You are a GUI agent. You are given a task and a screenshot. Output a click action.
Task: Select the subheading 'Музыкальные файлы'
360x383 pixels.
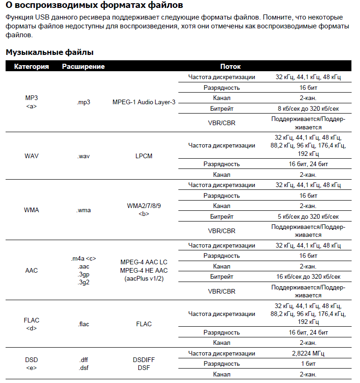click(50, 52)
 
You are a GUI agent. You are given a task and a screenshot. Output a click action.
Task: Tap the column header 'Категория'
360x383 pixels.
click(32, 67)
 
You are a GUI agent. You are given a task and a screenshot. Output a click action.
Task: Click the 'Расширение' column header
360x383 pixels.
click(83, 67)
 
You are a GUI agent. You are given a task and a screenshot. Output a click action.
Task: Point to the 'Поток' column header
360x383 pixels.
click(231, 67)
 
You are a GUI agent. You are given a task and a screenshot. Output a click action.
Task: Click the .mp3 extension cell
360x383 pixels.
click(83, 102)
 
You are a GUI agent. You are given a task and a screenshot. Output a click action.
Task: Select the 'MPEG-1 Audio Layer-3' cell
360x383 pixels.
click(144, 102)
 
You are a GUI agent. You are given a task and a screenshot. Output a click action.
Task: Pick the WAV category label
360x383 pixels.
click(32, 156)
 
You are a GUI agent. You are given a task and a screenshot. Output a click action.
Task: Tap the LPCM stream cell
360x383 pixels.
click(144, 156)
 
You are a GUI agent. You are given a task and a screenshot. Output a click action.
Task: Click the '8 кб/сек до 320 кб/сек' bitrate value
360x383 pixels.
click(308, 108)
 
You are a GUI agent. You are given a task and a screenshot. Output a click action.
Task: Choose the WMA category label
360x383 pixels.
click(32, 210)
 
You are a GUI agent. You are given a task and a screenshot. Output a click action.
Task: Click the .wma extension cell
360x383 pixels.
click(83, 210)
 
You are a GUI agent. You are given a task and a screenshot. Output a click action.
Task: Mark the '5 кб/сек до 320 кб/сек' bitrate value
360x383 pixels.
click(308, 216)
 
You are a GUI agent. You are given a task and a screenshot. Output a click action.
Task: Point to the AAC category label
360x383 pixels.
click(32, 270)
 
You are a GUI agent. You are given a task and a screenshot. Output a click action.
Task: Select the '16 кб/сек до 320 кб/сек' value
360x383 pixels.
click(308, 277)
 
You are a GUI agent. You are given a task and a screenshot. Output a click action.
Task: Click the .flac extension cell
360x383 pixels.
click(83, 324)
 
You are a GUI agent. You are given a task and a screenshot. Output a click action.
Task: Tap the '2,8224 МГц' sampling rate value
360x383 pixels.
click(308, 354)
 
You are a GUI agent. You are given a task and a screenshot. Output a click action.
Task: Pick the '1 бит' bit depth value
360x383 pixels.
click(308, 363)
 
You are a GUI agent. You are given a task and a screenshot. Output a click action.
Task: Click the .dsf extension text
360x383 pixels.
click(83, 368)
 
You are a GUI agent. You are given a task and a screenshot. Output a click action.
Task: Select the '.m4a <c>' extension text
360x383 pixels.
click(83, 259)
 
